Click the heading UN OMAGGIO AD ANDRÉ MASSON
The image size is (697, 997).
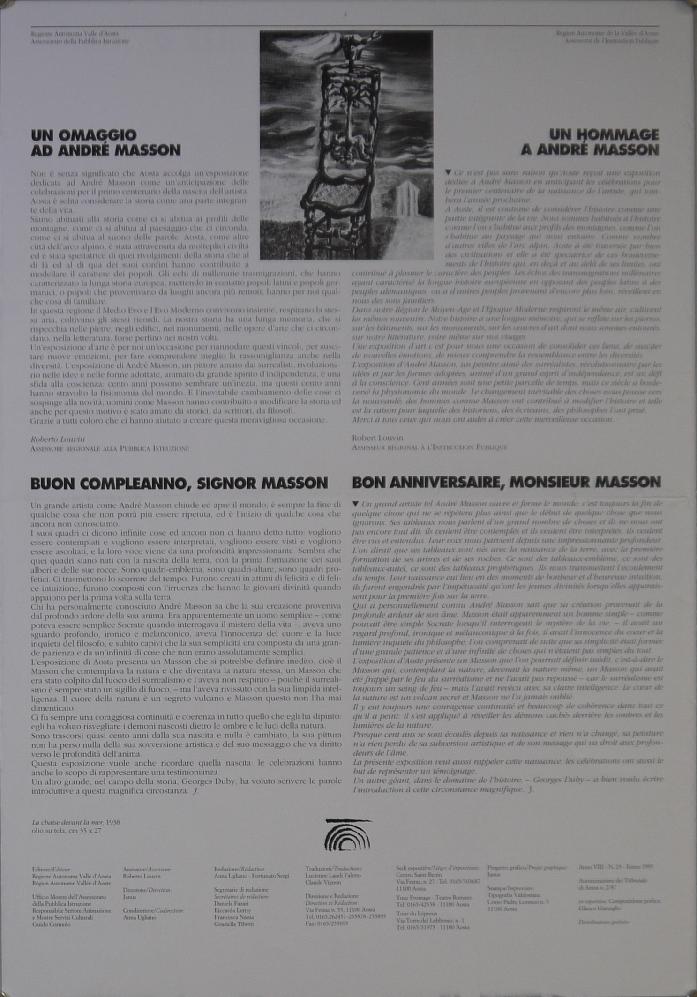(x=106, y=142)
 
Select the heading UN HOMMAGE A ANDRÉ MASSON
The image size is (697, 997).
(x=590, y=142)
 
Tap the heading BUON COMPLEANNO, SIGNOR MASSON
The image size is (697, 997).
(x=179, y=483)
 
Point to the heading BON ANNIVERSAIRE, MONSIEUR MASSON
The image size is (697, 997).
(x=506, y=482)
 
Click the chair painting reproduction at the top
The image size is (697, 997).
(x=346, y=145)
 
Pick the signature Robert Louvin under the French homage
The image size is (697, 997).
(x=377, y=438)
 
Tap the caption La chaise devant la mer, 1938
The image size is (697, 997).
(x=75, y=822)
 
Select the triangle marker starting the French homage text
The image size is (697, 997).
(x=449, y=172)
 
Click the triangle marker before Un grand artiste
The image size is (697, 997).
(x=355, y=504)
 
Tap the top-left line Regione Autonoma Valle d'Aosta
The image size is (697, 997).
(x=75, y=34)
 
